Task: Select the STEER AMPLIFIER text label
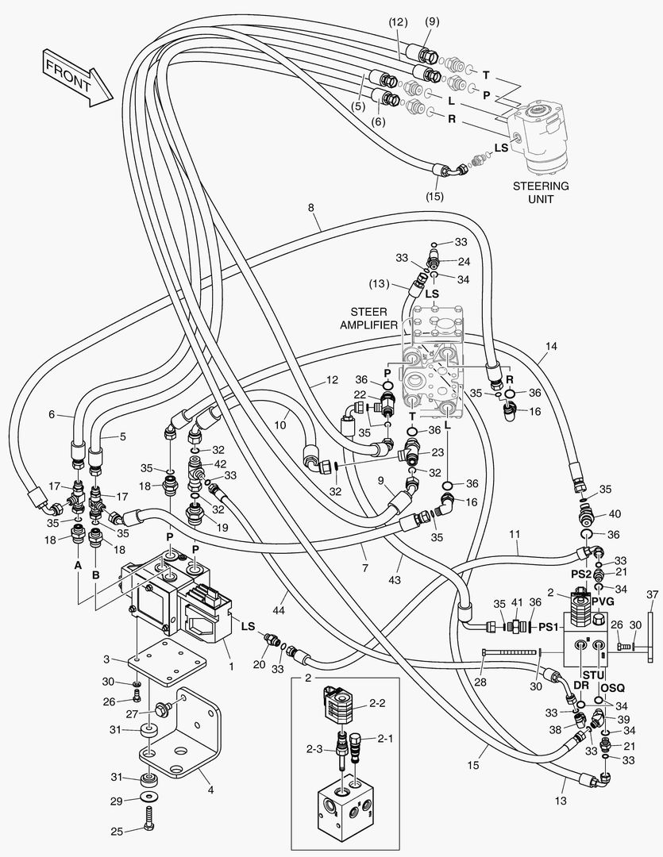368,318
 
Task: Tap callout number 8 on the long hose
310,209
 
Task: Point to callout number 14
552,346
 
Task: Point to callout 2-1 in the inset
385,739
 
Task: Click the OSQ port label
612,687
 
